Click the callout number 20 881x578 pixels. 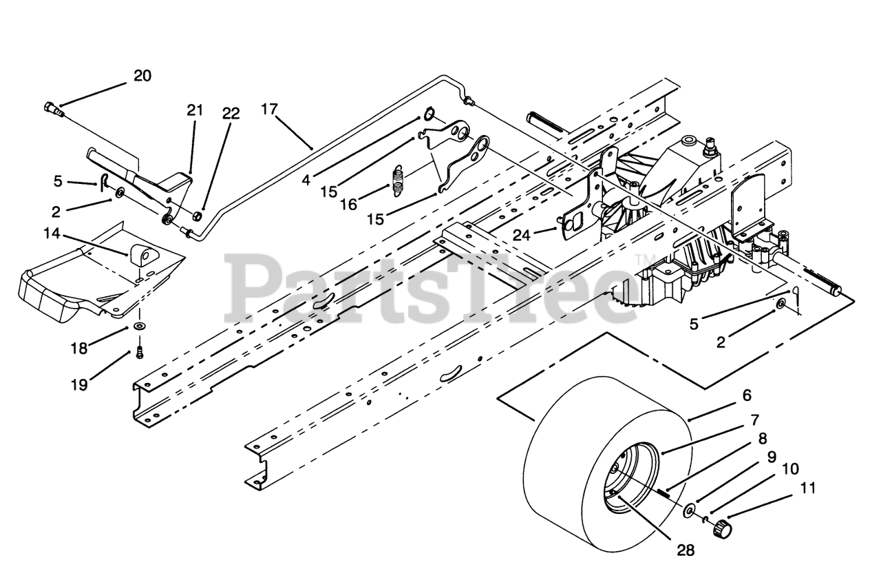point(142,76)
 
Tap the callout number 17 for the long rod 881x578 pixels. point(269,109)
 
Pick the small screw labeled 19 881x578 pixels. point(139,352)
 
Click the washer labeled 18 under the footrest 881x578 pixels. point(139,324)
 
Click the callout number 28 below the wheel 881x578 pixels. point(685,550)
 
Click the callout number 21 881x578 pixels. point(195,110)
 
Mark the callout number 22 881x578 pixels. point(231,114)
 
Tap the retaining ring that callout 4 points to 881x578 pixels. point(428,113)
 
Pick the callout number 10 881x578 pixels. point(790,469)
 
